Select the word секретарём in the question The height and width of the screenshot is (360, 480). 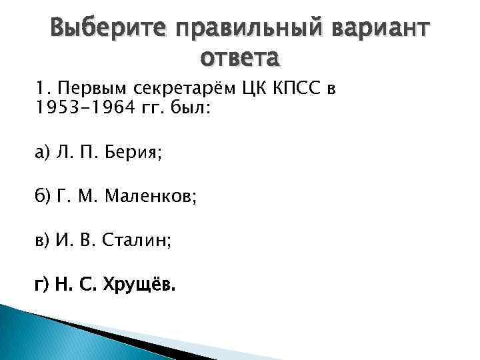[x=176, y=89]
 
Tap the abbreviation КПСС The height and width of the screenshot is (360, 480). [x=301, y=89]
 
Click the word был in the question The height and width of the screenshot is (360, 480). [x=194, y=109]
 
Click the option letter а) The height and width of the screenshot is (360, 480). [x=43, y=154]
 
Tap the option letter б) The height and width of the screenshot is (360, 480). [x=43, y=198]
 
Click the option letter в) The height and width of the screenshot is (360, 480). [x=43, y=242]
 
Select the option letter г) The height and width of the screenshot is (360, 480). [x=43, y=286]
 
